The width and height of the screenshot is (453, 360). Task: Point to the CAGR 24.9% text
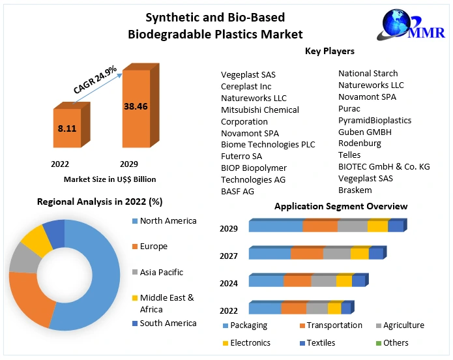click(95, 78)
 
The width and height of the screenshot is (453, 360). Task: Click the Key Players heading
click(329, 51)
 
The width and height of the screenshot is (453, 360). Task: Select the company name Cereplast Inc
click(246, 86)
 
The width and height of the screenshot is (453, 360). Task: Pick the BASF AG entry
click(237, 191)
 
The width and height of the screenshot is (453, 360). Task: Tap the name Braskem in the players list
click(355, 190)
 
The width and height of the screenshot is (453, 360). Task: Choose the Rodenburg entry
click(359, 143)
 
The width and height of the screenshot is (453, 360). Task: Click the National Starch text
click(368, 73)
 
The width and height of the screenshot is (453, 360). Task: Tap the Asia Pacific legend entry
click(161, 272)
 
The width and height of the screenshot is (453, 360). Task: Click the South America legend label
click(168, 323)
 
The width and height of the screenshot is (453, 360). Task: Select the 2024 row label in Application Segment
click(229, 283)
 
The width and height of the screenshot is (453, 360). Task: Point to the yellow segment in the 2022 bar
click(334, 308)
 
